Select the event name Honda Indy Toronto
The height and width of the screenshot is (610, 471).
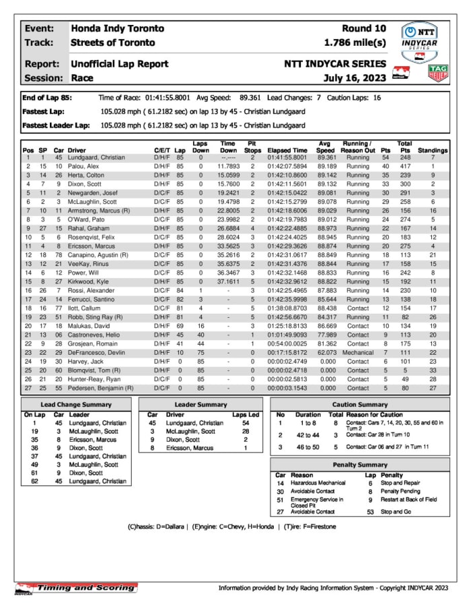117,28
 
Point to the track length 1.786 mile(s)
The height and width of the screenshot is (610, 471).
355,42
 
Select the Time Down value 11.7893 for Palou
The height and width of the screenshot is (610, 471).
228,166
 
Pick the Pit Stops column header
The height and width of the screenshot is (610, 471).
252,147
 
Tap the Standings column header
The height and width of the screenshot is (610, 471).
433,151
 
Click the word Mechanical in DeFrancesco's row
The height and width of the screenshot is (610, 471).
357,353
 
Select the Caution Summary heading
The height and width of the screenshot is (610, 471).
360,405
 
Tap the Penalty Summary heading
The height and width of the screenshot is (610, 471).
360,465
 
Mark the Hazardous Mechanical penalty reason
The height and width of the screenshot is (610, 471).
318,483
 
